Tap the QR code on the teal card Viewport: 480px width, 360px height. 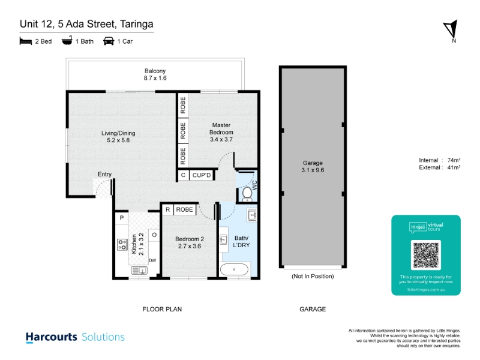(x=426, y=255)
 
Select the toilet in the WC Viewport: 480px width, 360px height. (x=247, y=194)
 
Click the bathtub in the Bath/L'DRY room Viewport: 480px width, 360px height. (x=234, y=269)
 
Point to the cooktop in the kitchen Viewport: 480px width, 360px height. (x=122, y=244)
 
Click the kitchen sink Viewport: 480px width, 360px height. (x=139, y=271)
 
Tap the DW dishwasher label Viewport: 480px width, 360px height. (x=152, y=260)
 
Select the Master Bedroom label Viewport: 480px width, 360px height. (x=221, y=129)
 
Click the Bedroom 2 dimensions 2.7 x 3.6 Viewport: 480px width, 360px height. (x=190, y=246)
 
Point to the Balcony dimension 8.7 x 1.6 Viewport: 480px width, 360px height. (x=155, y=78)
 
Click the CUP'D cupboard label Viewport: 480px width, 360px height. (x=202, y=175)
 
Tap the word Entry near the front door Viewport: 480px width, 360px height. (x=104, y=174)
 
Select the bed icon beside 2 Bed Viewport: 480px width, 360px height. (x=26, y=41)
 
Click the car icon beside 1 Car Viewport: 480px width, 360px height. (x=109, y=41)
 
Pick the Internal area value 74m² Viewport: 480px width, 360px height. (x=454, y=160)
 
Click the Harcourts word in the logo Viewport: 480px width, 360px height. (x=52, y=337)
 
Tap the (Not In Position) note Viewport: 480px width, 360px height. (x=313, y=276)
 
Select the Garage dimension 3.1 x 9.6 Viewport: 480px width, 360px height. (x=313, y=170)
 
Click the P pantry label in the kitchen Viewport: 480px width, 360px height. (x=122, y=218)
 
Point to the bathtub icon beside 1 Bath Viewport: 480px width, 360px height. (x=67, y=40)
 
